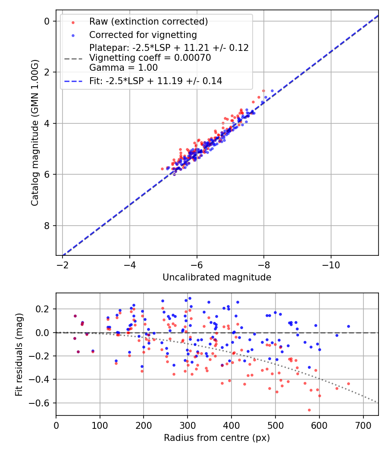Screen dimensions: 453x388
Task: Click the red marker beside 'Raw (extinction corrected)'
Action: point(73,22)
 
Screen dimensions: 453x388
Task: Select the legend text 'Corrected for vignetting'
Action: point(143,35)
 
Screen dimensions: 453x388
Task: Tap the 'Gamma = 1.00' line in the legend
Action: point(123,67)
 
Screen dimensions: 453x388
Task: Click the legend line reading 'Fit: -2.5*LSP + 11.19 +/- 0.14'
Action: point(156,81)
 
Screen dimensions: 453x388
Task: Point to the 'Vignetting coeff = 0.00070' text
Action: point(150,58)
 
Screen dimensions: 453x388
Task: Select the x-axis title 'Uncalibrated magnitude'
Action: point(217,277)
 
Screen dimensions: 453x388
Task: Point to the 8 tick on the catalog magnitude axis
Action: point(48,226)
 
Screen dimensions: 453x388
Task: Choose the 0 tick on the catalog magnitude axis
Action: point(48,21)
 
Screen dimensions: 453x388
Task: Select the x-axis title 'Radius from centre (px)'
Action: point(217,438)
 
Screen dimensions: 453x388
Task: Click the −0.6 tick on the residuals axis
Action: point(42,403)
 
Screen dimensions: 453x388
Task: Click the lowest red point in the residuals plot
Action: point(309,410)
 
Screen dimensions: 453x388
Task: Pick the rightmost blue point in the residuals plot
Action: point(348,327)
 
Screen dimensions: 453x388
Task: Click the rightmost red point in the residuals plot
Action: point(348,384)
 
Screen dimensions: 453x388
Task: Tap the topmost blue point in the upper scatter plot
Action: point(272,91)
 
